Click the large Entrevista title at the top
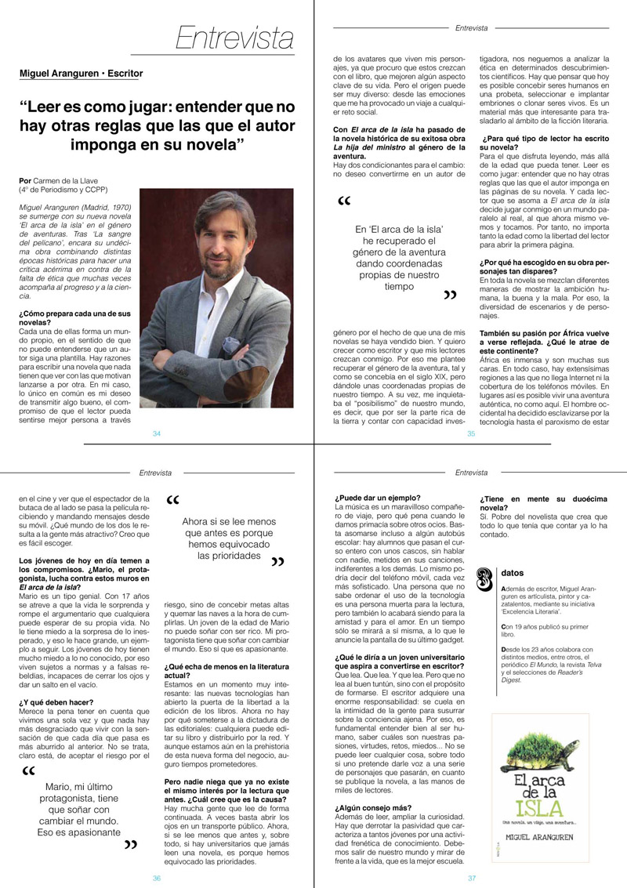coord(234,37)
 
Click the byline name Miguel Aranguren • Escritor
coord(82,74)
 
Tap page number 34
coord(157,433)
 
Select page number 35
coord(471,433)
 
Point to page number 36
coord(157,878)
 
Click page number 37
coord(471,878)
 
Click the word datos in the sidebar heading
coord(512,573)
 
